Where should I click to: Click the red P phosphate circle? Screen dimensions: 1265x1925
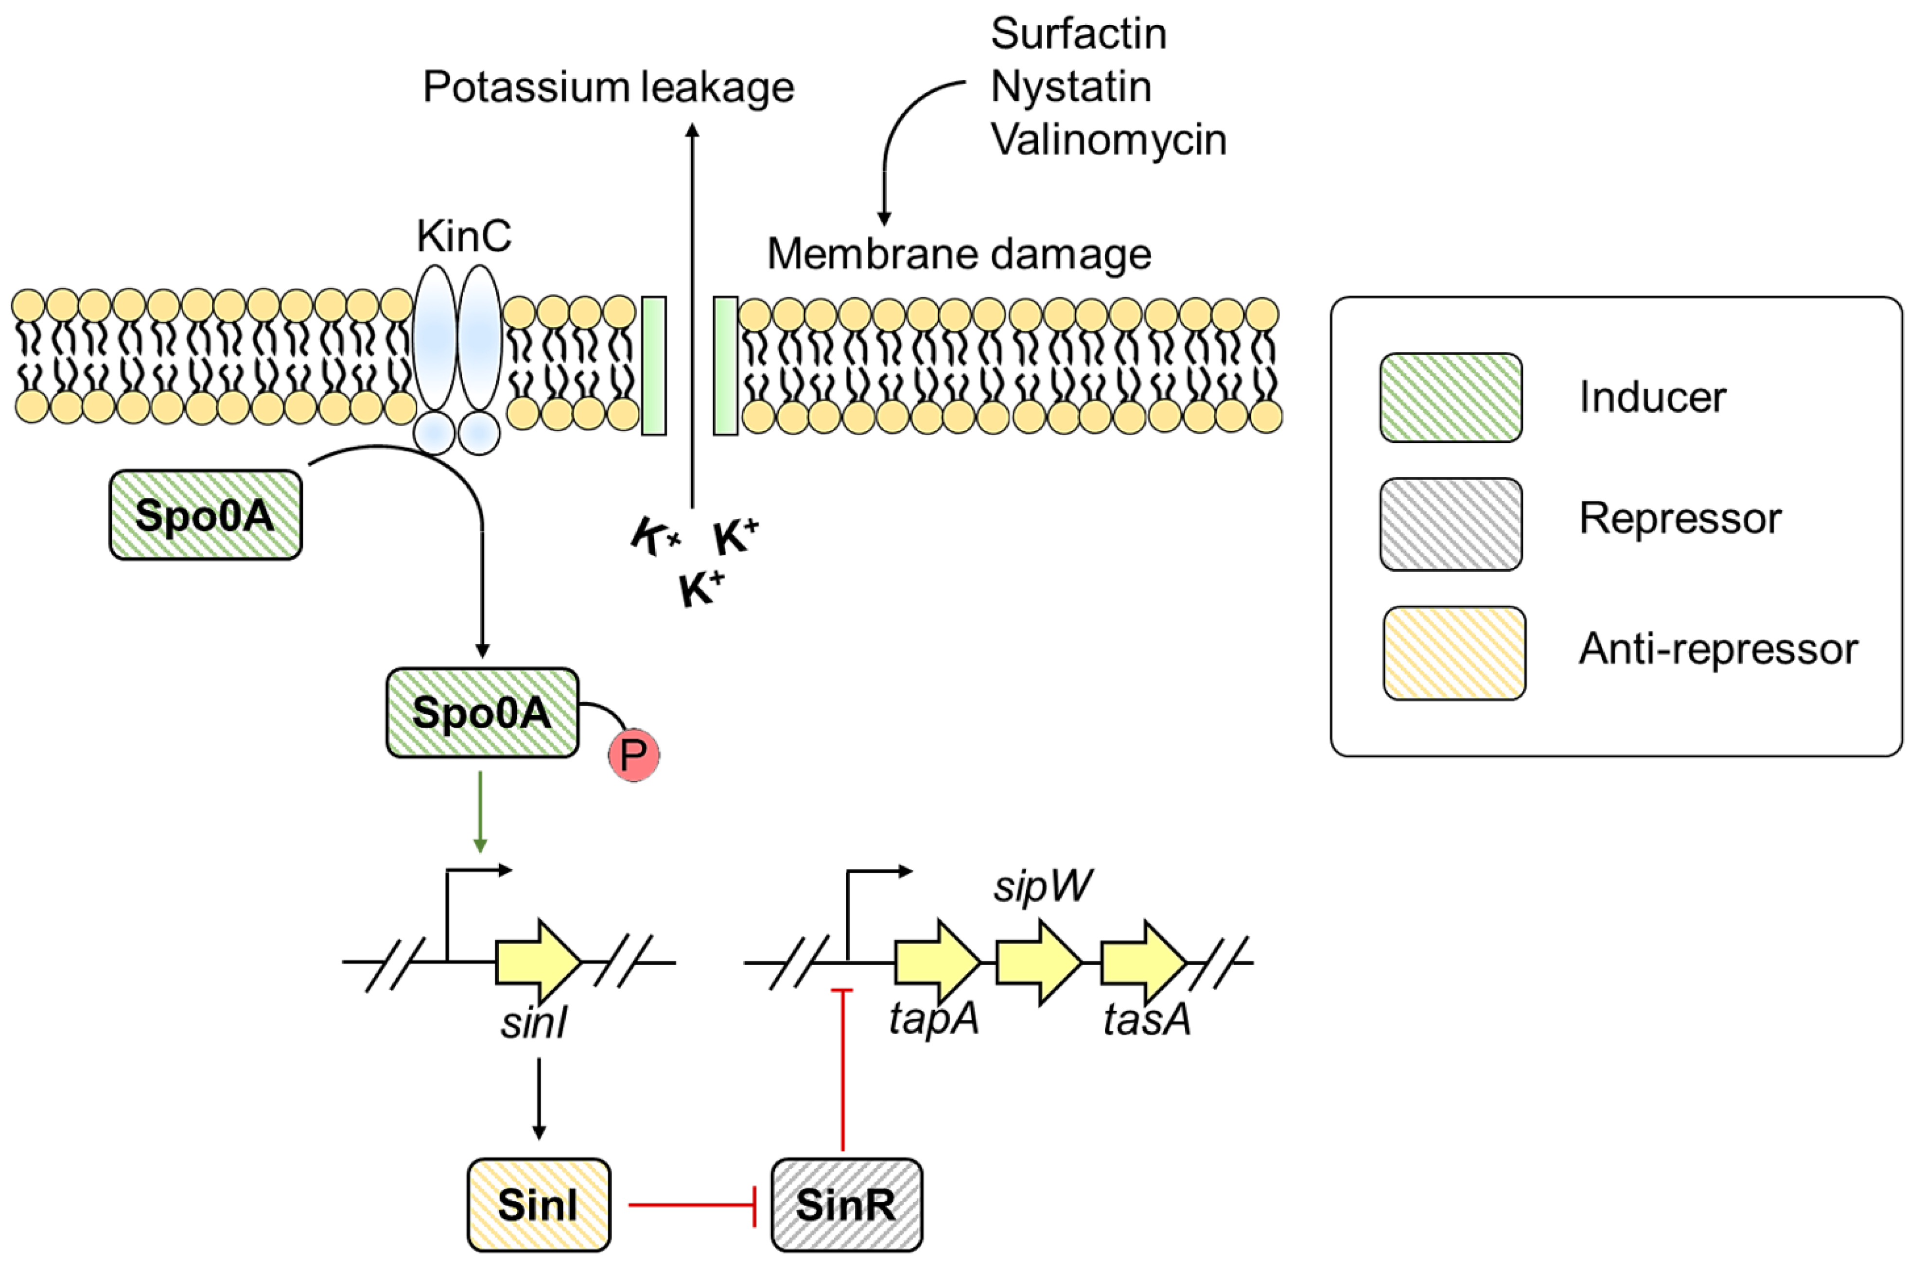[633, 755]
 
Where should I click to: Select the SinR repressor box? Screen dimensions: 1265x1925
[846, 1205]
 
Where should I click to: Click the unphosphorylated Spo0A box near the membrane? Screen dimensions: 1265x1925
[206, 515]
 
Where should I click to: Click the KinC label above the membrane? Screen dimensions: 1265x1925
[463, 236]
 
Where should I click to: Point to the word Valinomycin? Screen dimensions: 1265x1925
[1108, 140]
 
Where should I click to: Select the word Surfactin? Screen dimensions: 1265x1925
[1078, 34]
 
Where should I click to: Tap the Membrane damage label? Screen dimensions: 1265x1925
[959, 254]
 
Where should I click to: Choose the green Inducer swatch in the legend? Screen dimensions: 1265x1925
[1450, 397]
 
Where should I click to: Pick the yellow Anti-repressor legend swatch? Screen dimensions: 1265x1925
[1453, 653]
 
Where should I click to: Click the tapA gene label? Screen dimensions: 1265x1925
[934, 1019]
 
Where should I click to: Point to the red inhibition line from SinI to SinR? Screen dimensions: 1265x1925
[692, 1205]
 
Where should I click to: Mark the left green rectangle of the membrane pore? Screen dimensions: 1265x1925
[653, 366]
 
